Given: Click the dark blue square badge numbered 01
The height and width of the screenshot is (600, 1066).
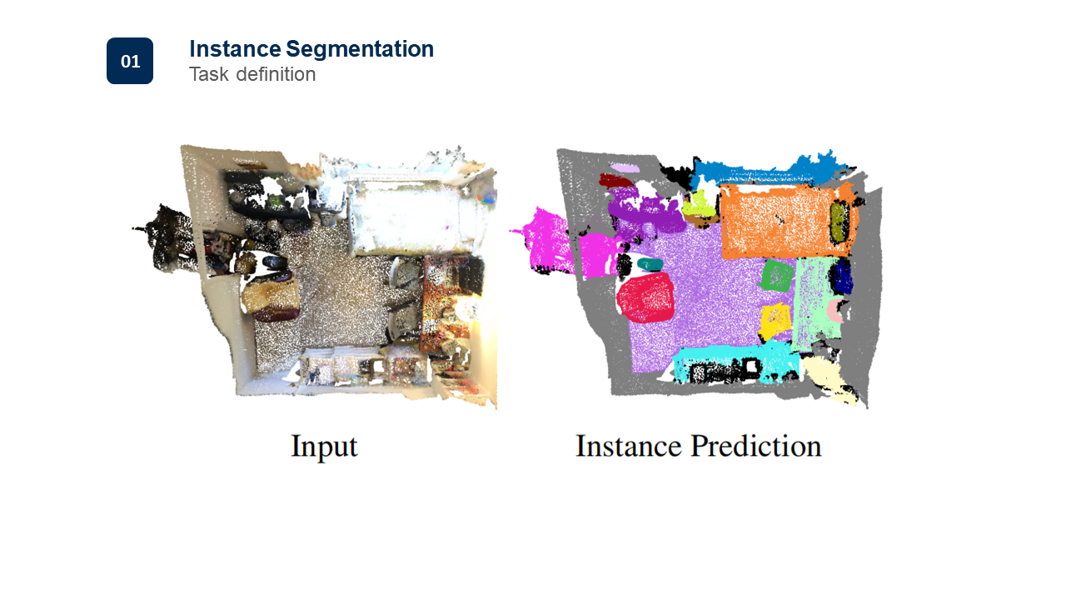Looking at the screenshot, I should point(130,61).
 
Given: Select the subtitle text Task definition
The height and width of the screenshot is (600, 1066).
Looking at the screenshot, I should point(252,74).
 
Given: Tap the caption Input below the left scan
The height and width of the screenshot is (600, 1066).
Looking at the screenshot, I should point(324,447).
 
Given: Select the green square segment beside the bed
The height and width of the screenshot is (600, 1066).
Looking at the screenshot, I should point(777,275).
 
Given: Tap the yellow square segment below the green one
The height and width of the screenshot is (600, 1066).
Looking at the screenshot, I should point(775,321).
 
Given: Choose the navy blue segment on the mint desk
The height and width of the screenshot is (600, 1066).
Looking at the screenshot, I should point(842,277).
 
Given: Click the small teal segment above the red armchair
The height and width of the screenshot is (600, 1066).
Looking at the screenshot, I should point(650,264).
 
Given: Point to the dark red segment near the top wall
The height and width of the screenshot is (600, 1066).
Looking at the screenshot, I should point(616,180).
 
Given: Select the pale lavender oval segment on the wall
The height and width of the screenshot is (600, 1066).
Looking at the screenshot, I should point(625,168).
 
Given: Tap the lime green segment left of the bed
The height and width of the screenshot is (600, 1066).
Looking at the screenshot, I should point(698,204).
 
